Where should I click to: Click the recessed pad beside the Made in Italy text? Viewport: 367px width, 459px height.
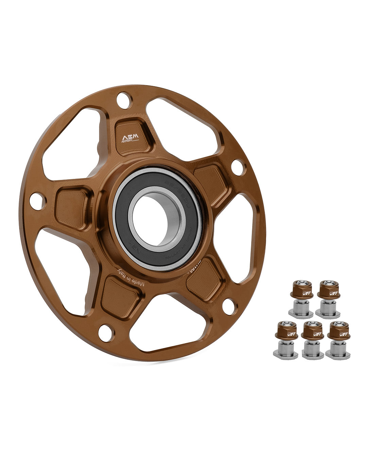click(x=120, y=295)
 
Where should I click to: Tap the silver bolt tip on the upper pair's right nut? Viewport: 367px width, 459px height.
click(x=327, y=283)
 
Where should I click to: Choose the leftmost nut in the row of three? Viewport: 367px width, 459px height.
click(x=286, y=339)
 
